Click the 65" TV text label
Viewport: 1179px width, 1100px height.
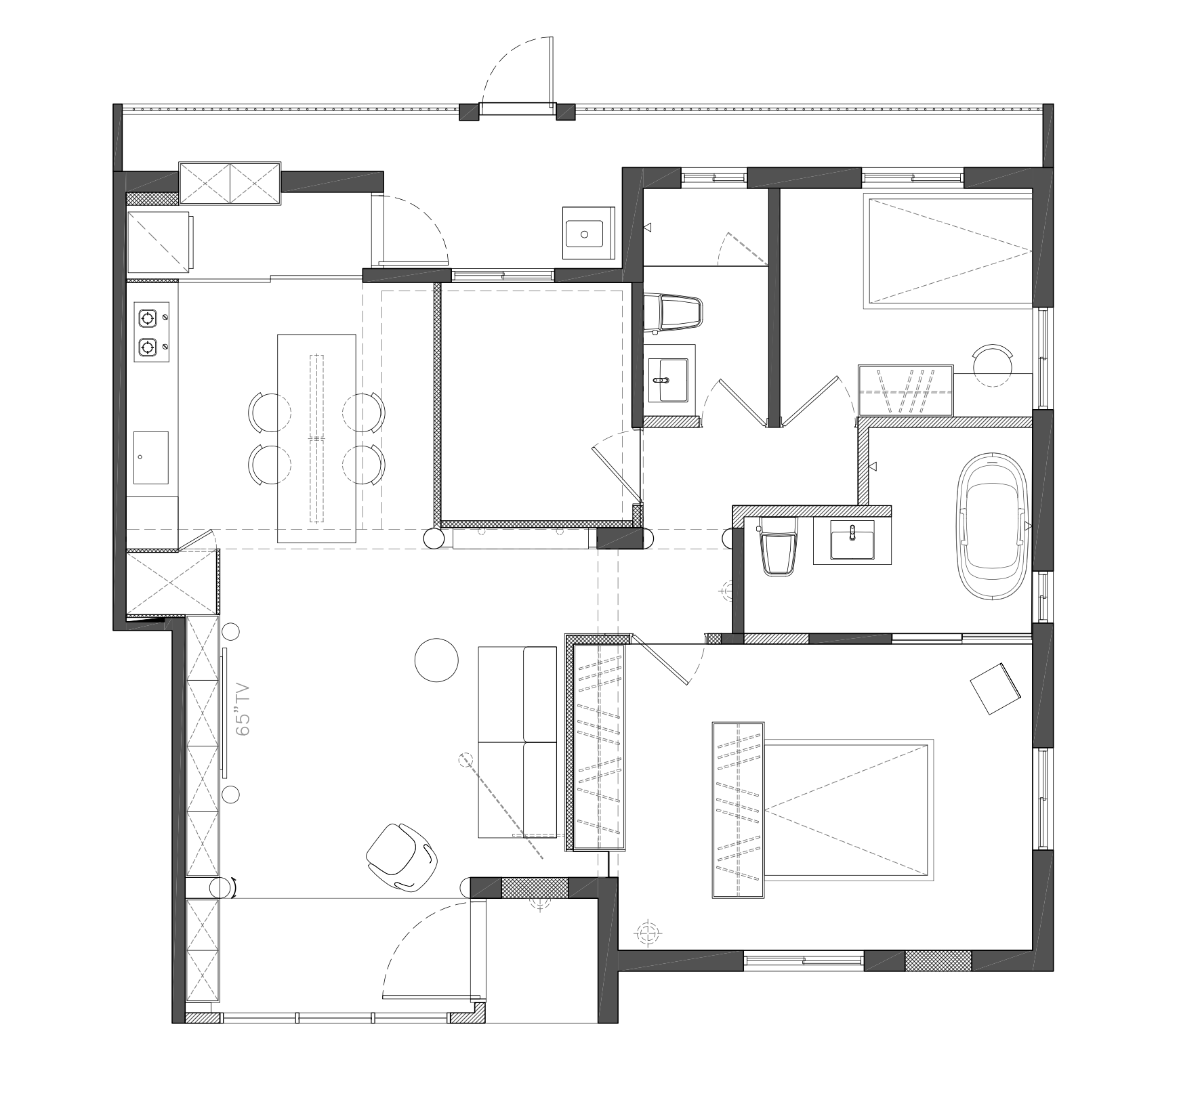click(x=243, y=710)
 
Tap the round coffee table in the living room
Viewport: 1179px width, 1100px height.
click(x=436, y=660)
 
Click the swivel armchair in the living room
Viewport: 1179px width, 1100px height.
click(x=401, y=856)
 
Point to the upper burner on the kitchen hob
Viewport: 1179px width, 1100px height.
click(x=148, y=317)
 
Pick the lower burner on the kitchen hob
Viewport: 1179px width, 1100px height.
click(x=148, y=347)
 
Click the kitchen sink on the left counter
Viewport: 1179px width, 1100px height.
click(x=150, y=457)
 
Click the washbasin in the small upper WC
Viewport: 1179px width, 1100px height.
click(x=668, y=379)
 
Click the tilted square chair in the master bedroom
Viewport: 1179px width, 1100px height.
click(x=995, y=689)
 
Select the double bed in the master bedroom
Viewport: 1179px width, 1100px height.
click(x=847, y=809)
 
